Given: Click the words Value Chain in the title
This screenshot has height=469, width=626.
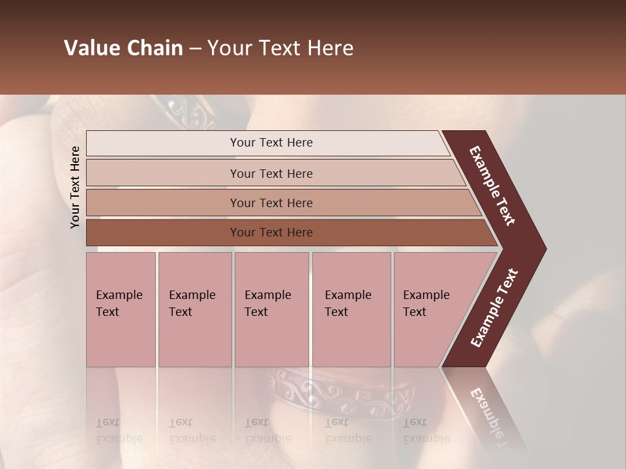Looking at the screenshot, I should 123,48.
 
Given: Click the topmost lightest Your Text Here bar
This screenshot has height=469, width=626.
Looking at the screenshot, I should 271,143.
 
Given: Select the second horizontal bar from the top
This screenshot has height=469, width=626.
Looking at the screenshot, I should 271,173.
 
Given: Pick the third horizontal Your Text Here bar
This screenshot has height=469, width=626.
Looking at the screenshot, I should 271,203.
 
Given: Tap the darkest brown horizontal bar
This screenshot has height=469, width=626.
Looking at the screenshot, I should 271,233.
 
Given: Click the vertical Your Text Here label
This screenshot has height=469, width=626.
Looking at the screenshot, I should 75,187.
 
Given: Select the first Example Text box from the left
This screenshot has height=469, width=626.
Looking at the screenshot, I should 120,309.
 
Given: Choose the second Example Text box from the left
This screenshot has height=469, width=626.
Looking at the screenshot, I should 194,309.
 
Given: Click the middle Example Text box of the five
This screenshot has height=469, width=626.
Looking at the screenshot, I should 271,309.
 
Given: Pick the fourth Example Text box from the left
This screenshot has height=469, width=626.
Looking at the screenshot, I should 351,309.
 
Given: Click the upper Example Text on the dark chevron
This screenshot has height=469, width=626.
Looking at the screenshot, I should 492,186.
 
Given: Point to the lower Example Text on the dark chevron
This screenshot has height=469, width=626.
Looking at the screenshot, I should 494,308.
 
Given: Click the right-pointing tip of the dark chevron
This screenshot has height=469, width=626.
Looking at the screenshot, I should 543,249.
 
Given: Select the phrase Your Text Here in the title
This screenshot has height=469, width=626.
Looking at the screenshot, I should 280,48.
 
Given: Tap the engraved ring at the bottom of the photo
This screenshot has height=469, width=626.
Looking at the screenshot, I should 339,394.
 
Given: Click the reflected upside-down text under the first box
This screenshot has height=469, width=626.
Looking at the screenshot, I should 119,430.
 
